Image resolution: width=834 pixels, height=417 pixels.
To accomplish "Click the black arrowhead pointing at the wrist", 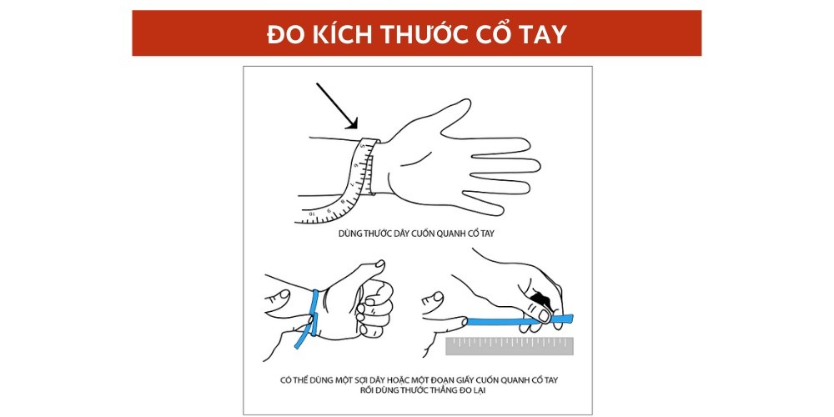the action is pos(352,123).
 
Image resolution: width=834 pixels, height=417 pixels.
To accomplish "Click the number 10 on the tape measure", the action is pos(313,214).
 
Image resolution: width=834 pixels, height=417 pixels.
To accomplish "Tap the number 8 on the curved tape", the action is pos(342,202).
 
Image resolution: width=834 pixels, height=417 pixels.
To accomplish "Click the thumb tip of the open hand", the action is pos(467,103).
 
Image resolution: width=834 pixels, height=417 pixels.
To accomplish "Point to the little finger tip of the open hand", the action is pos(499,210).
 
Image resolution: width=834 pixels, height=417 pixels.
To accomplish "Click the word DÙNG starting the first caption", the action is pos(347,233).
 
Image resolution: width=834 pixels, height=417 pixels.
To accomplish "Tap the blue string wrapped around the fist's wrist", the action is pos(315,313).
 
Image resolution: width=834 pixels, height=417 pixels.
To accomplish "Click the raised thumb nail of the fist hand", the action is pos(379,264).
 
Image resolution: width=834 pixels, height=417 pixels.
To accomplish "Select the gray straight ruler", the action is pos(510,346).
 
